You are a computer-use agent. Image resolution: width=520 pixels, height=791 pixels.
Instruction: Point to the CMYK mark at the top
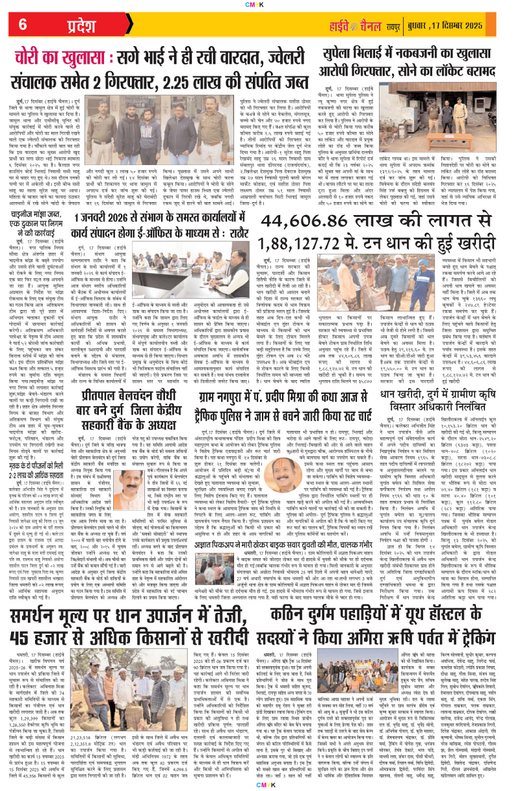[x=259, y=4]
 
